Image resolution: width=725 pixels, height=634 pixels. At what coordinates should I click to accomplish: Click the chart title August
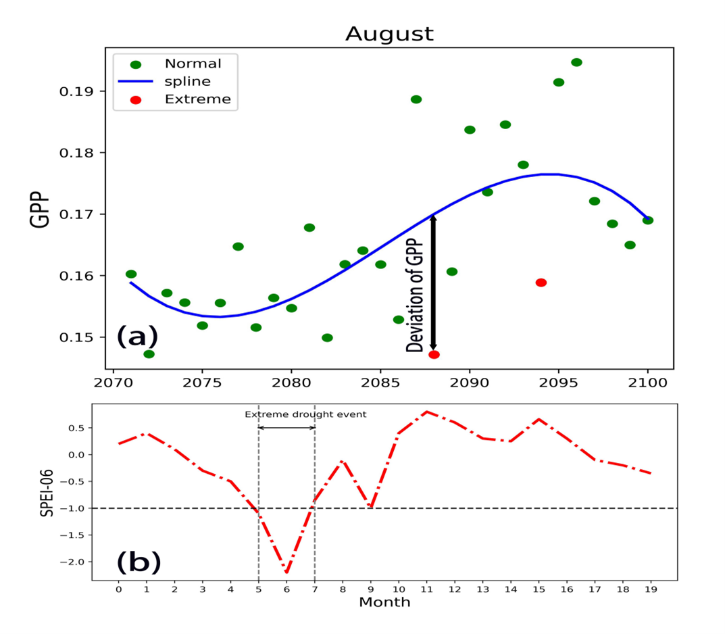click(x=389, y=34)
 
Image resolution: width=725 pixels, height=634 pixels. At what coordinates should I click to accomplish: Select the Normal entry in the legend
click(x=193, y=64)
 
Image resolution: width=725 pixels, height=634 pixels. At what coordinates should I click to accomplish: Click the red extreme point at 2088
click(x=434, y=355)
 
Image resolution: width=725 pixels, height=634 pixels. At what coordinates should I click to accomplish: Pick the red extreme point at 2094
click(x=541, y=283)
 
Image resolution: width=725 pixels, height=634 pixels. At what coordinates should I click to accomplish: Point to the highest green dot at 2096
click(x=576, y=62)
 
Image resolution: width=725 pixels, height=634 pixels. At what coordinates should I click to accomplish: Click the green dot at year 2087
click(x=416, y=99)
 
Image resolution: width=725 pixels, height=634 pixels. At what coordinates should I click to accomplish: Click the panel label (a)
click(x=137, y=336)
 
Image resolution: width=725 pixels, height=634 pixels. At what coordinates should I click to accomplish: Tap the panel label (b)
click(x=139, y=560)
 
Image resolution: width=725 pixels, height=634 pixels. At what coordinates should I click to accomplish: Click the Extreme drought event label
click(x=305, y=414)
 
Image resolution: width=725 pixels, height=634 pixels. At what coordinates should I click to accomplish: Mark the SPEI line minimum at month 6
click(x=286, y=572)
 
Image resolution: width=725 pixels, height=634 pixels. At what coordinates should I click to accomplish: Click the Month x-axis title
click(x=384, y=602)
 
